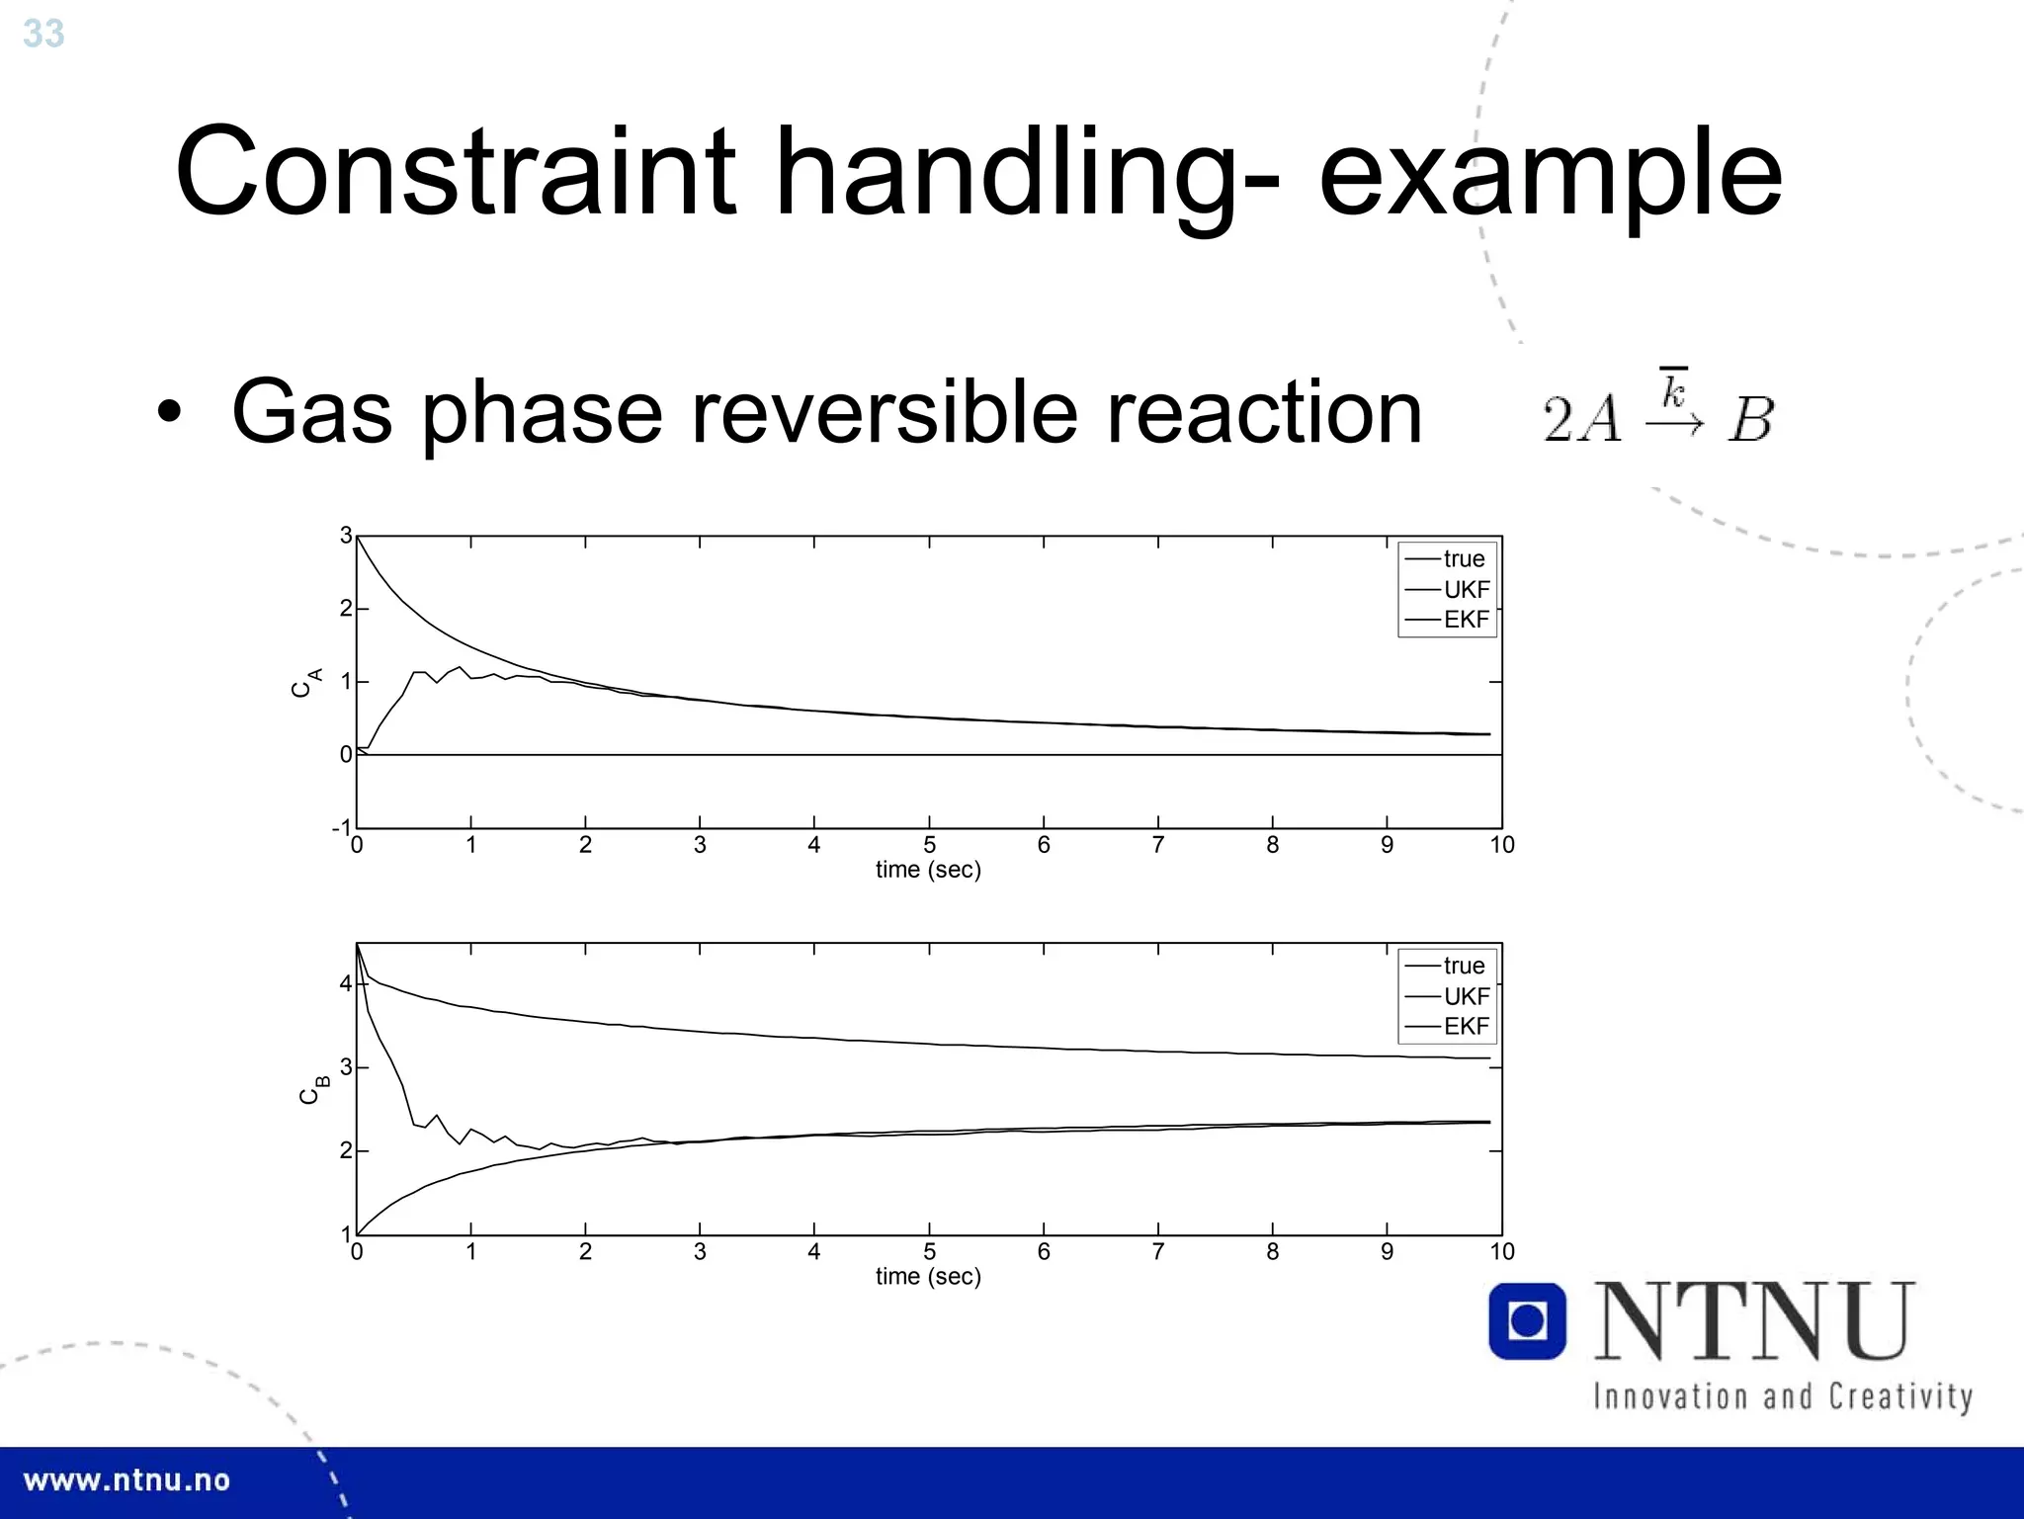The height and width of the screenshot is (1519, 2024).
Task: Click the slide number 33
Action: click(43, 34)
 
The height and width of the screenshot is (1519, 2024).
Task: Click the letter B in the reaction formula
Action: click(1751, 420)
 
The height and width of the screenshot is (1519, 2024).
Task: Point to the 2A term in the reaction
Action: click(1582, 420)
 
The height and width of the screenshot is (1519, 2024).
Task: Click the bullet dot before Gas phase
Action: click(169, 413)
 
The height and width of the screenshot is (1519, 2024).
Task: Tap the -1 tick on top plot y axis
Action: click(341, 827)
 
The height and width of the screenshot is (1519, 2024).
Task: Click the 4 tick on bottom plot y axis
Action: click(345, 983)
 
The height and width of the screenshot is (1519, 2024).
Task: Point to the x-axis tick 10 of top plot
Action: click(1501, 845)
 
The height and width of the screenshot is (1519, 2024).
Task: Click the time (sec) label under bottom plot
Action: click(928, 1276)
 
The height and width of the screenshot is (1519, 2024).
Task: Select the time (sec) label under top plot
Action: click(928, 870)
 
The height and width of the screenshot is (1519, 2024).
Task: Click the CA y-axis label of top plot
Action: click(306, 683)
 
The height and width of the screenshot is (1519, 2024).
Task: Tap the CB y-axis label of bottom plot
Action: click(313, 1090)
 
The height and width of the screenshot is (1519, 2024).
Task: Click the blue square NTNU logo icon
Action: click(1527, 1321)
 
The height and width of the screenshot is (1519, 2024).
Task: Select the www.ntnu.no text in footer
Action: click(126, 1480)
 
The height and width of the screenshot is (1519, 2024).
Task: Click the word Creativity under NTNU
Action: click(1899, 1396)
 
